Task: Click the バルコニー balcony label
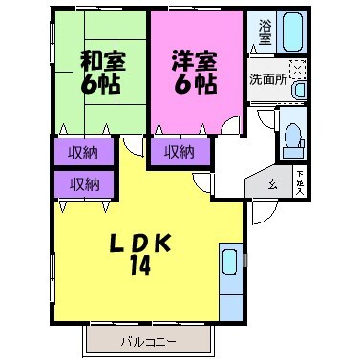coord(149,339)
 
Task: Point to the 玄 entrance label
coord(272,183)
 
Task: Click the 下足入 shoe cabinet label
coord(300,181)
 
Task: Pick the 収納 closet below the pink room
coord(178,151)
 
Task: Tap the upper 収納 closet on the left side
coord(84,151)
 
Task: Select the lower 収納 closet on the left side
coord(84,182)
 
